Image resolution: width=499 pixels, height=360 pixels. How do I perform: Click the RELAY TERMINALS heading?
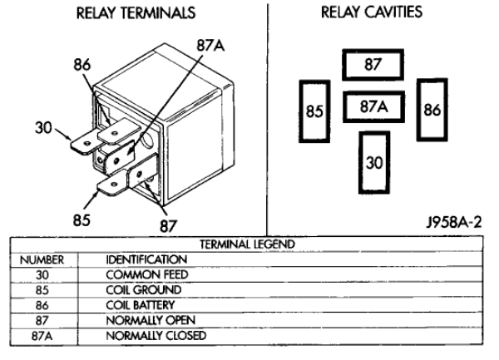pyautogui.click(x=136, y=14)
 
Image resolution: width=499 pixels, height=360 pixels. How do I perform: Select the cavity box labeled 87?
pyautogui.click(x=373, y=64)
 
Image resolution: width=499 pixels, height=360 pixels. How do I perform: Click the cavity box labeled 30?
pyautogui.click(x=374, y=162)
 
